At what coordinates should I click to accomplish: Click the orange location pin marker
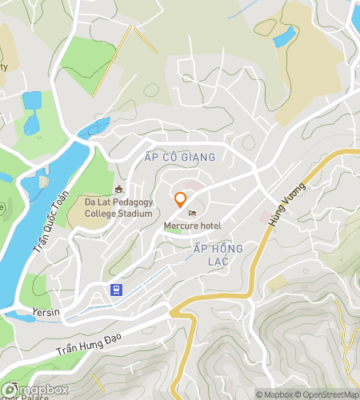181,200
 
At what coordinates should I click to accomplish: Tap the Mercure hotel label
192,226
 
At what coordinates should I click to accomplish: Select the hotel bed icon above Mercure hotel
191,213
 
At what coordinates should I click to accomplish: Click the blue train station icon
117,290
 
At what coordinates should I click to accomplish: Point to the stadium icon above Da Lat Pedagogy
119,190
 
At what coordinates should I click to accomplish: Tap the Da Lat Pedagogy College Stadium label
118,208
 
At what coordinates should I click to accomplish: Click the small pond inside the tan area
284,36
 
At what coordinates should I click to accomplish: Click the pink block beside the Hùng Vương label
265,218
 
